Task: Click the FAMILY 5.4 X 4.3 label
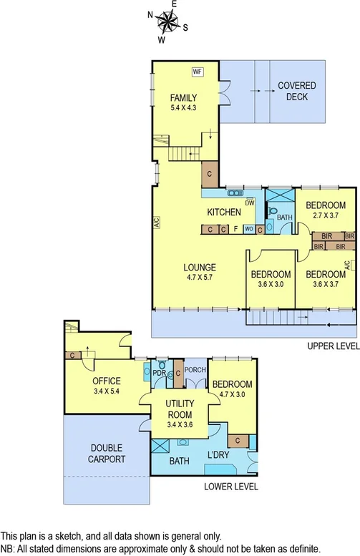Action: tap(183, 102)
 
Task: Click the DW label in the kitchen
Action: tap(250, 203)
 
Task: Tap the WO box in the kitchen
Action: tap(248, 229)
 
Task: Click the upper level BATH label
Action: tap(285, 218)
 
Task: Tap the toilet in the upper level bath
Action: tap(273, 210)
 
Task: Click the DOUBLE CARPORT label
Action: tap(108, 454)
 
